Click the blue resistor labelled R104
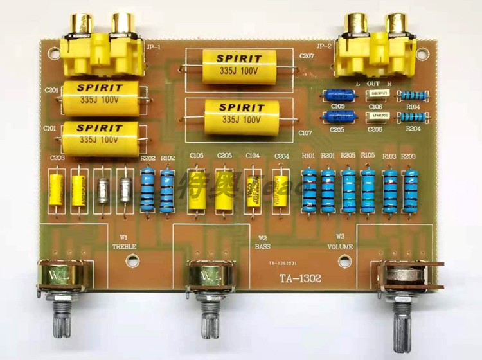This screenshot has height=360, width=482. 413,96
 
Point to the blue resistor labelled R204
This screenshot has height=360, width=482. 413,117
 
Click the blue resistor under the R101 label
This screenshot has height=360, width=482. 310,190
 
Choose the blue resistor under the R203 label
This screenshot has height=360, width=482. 409,191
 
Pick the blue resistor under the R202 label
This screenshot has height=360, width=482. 147,189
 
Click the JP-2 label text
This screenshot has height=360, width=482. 324,46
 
